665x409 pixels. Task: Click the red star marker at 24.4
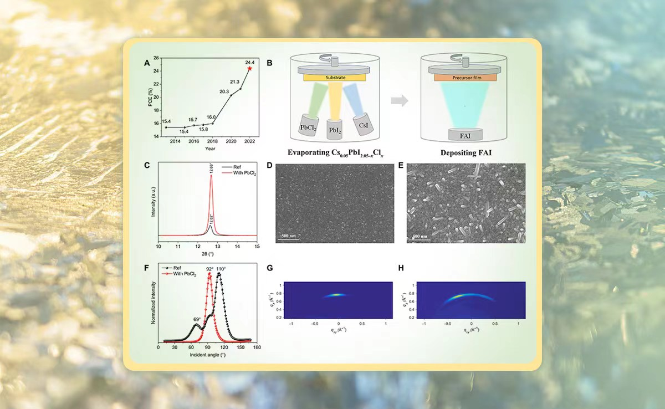click(250, 68)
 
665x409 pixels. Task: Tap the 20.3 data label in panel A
click(224, 91)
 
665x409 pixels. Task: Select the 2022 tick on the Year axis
click(250, 142)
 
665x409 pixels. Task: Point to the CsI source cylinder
click(363, 122)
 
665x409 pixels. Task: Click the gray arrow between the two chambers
click(399, 101)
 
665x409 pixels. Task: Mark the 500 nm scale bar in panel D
click(288, 236)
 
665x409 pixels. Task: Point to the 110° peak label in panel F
click(221, 269)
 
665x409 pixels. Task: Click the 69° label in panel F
click(197, 319)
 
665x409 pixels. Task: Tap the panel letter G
click(269, 268)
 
